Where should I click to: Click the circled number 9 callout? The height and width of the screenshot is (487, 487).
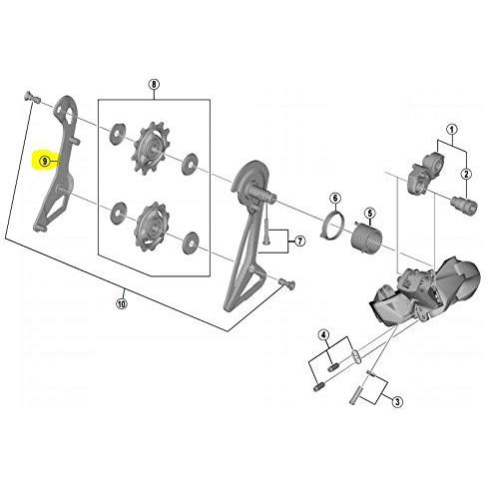(45, 162)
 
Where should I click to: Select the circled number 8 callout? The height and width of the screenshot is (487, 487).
(154, 85)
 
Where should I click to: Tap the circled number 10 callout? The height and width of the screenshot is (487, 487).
(122, 303)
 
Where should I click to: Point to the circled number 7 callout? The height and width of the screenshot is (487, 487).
(300, 241)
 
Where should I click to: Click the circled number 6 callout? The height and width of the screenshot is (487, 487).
(335, 199)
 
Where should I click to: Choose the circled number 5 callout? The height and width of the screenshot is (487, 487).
(369, 213)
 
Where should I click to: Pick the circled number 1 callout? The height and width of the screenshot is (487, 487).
(452, 129)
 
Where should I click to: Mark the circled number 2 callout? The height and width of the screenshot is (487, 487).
(466, 174)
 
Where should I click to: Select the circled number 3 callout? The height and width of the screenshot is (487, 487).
(397, 402)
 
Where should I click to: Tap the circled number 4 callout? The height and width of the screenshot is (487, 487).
(324, 335)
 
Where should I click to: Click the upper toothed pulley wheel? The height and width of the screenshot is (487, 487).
(151, 148)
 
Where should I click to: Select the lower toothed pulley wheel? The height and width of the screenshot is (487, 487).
(152, 226)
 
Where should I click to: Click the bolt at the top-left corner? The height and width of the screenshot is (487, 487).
(32, 97)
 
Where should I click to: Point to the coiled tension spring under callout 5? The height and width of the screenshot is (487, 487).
(367, 236)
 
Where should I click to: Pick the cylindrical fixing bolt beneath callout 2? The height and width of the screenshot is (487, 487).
(464, 204)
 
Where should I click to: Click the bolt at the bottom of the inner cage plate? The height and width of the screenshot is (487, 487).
(286, 283)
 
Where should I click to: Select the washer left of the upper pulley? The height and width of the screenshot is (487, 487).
(118, 134)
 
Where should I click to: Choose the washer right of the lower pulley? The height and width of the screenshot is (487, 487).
(191, 243)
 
